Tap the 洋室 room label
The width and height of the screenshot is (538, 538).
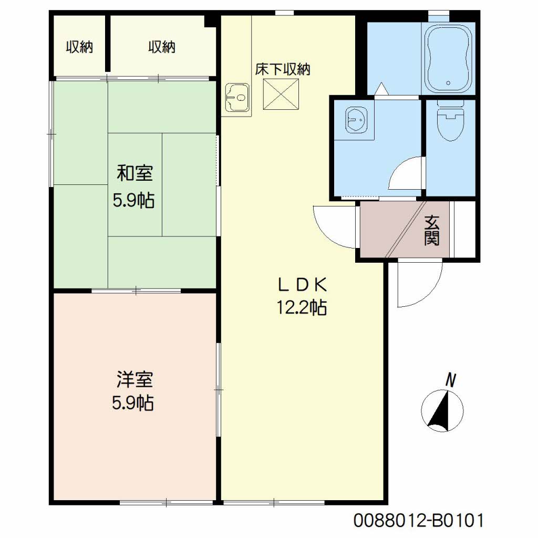tap(134, 379)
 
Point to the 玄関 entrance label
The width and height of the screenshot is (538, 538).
tap(432, 230)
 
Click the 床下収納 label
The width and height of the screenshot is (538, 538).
tap(282, 69)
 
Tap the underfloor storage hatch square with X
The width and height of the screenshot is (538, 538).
tap(281, 95)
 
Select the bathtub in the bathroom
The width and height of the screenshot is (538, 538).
tap(449, 58)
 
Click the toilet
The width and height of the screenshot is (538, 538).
tap(450, 120)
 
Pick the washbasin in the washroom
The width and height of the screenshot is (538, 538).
tap(356, 120)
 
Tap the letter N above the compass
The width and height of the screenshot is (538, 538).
tap(450, 380)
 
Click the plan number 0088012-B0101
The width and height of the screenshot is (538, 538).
tap(419, 521)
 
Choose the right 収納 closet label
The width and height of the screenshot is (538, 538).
tap(162, 47)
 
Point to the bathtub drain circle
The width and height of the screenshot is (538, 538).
tap(448, 82)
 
